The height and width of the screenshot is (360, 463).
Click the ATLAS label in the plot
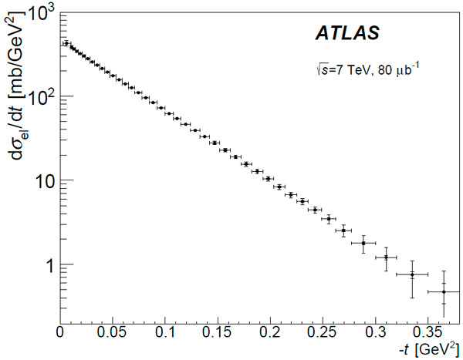pyautogui.click(x=347, y=34)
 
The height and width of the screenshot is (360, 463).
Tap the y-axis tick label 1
pyautogui.click(x=48, y=264)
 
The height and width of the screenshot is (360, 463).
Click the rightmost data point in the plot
pyautogui.click(x=444, y=291)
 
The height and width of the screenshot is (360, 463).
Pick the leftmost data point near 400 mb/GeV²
pyautogui.click(x=66, y=44)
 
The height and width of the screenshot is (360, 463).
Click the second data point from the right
pyautogui.click(x=412, y=274)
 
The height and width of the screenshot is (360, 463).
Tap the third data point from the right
pyautogui.click(x=386, y=257)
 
